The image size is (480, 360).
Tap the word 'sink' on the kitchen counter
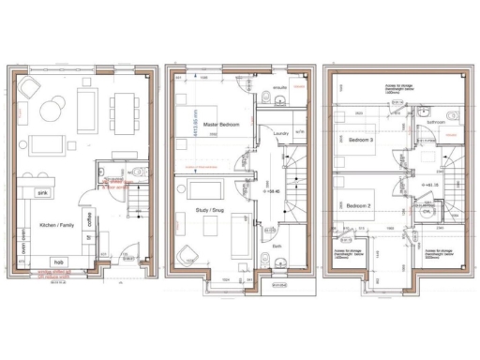click(x=42, y=193)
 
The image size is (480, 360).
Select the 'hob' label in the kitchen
click(x=57, y=261)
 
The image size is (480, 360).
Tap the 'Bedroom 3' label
click(x=361, y=140)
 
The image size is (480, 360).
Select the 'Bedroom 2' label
click(x=357, y=205)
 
